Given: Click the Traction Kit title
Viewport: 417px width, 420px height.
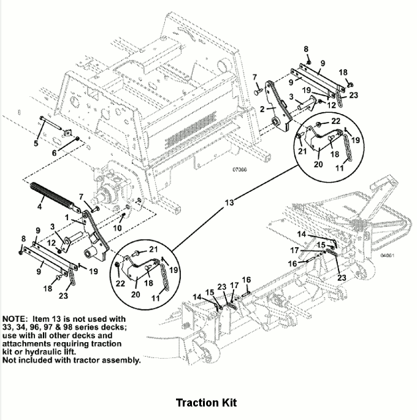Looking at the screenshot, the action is click(206, 403).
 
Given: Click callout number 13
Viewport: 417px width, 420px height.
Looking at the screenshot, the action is click(229, 203).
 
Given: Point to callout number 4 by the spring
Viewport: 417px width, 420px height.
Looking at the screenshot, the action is click(40, 207).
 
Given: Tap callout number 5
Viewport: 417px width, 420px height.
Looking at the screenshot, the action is click(36, 143).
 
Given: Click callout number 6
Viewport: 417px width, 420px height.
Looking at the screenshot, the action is click(54, 153).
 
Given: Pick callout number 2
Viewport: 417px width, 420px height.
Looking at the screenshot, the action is click(262, 109).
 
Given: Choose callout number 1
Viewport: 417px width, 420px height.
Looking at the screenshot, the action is click(67, 217).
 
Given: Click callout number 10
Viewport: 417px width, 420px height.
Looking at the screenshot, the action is click(117, 228).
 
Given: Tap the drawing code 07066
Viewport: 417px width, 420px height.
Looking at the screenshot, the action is click(240, 170).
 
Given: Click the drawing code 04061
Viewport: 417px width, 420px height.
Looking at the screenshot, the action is click(388, 256).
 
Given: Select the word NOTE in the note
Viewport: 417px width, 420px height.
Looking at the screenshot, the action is click(14, 319).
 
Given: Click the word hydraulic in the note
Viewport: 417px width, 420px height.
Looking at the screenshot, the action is click(41, 352).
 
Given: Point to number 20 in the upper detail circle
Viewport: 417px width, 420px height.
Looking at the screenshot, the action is click(318, 164).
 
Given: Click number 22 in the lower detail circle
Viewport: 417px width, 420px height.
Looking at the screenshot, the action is click(120, 283).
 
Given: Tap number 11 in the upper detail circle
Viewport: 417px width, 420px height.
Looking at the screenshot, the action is click(340, 168).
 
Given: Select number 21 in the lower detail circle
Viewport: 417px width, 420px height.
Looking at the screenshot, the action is click(153, 250).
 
